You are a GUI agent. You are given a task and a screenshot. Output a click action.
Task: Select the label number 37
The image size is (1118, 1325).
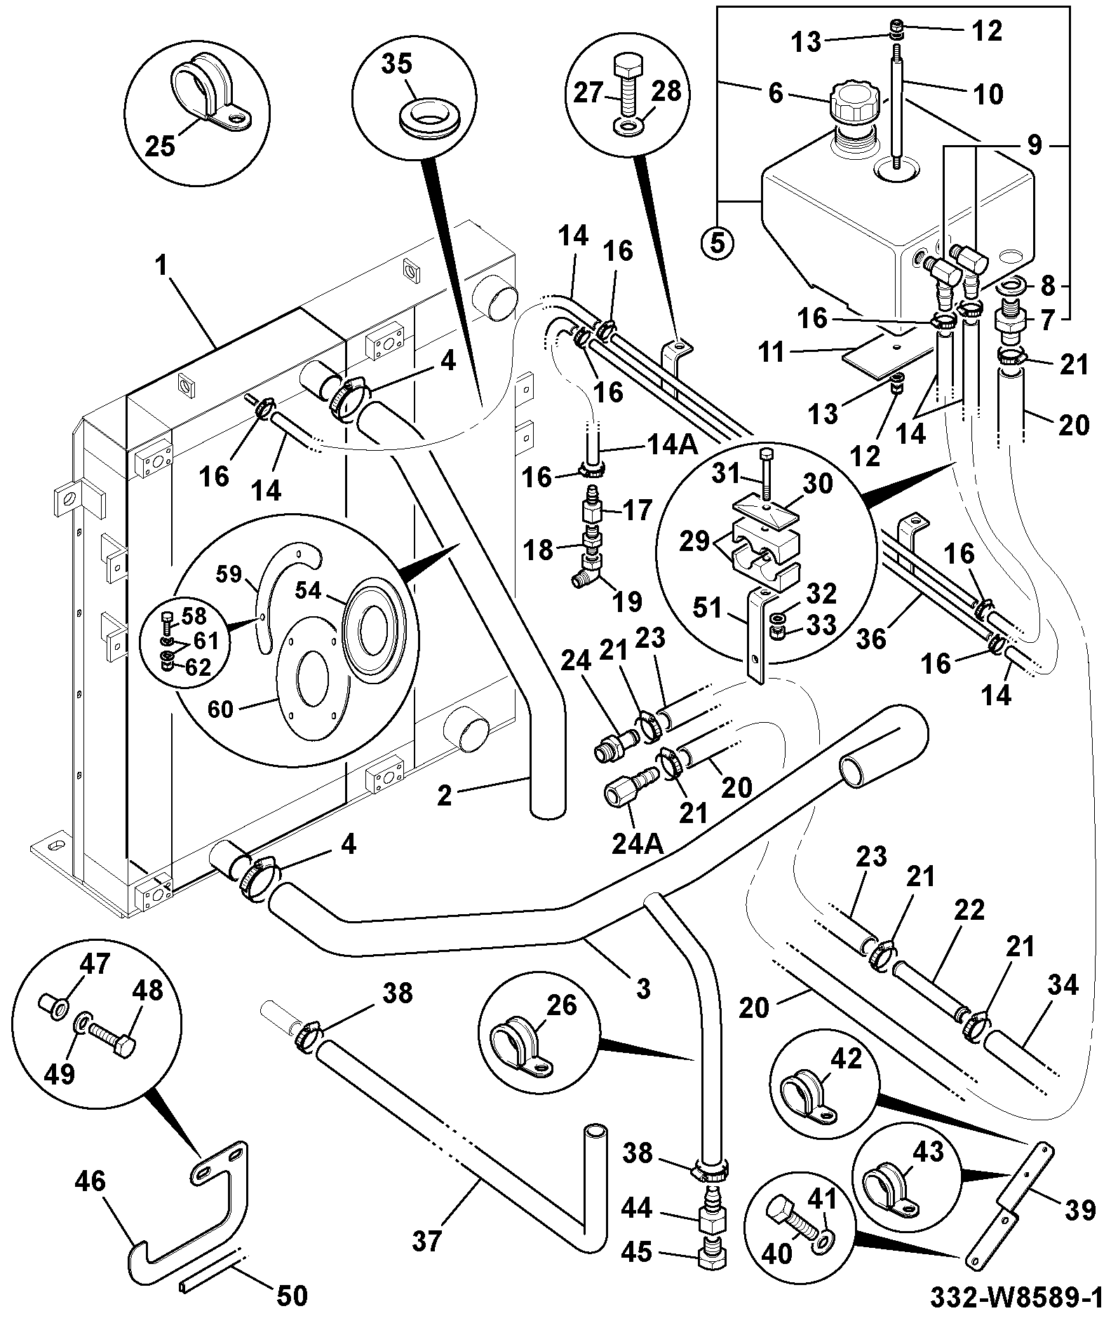(426, 1242)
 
